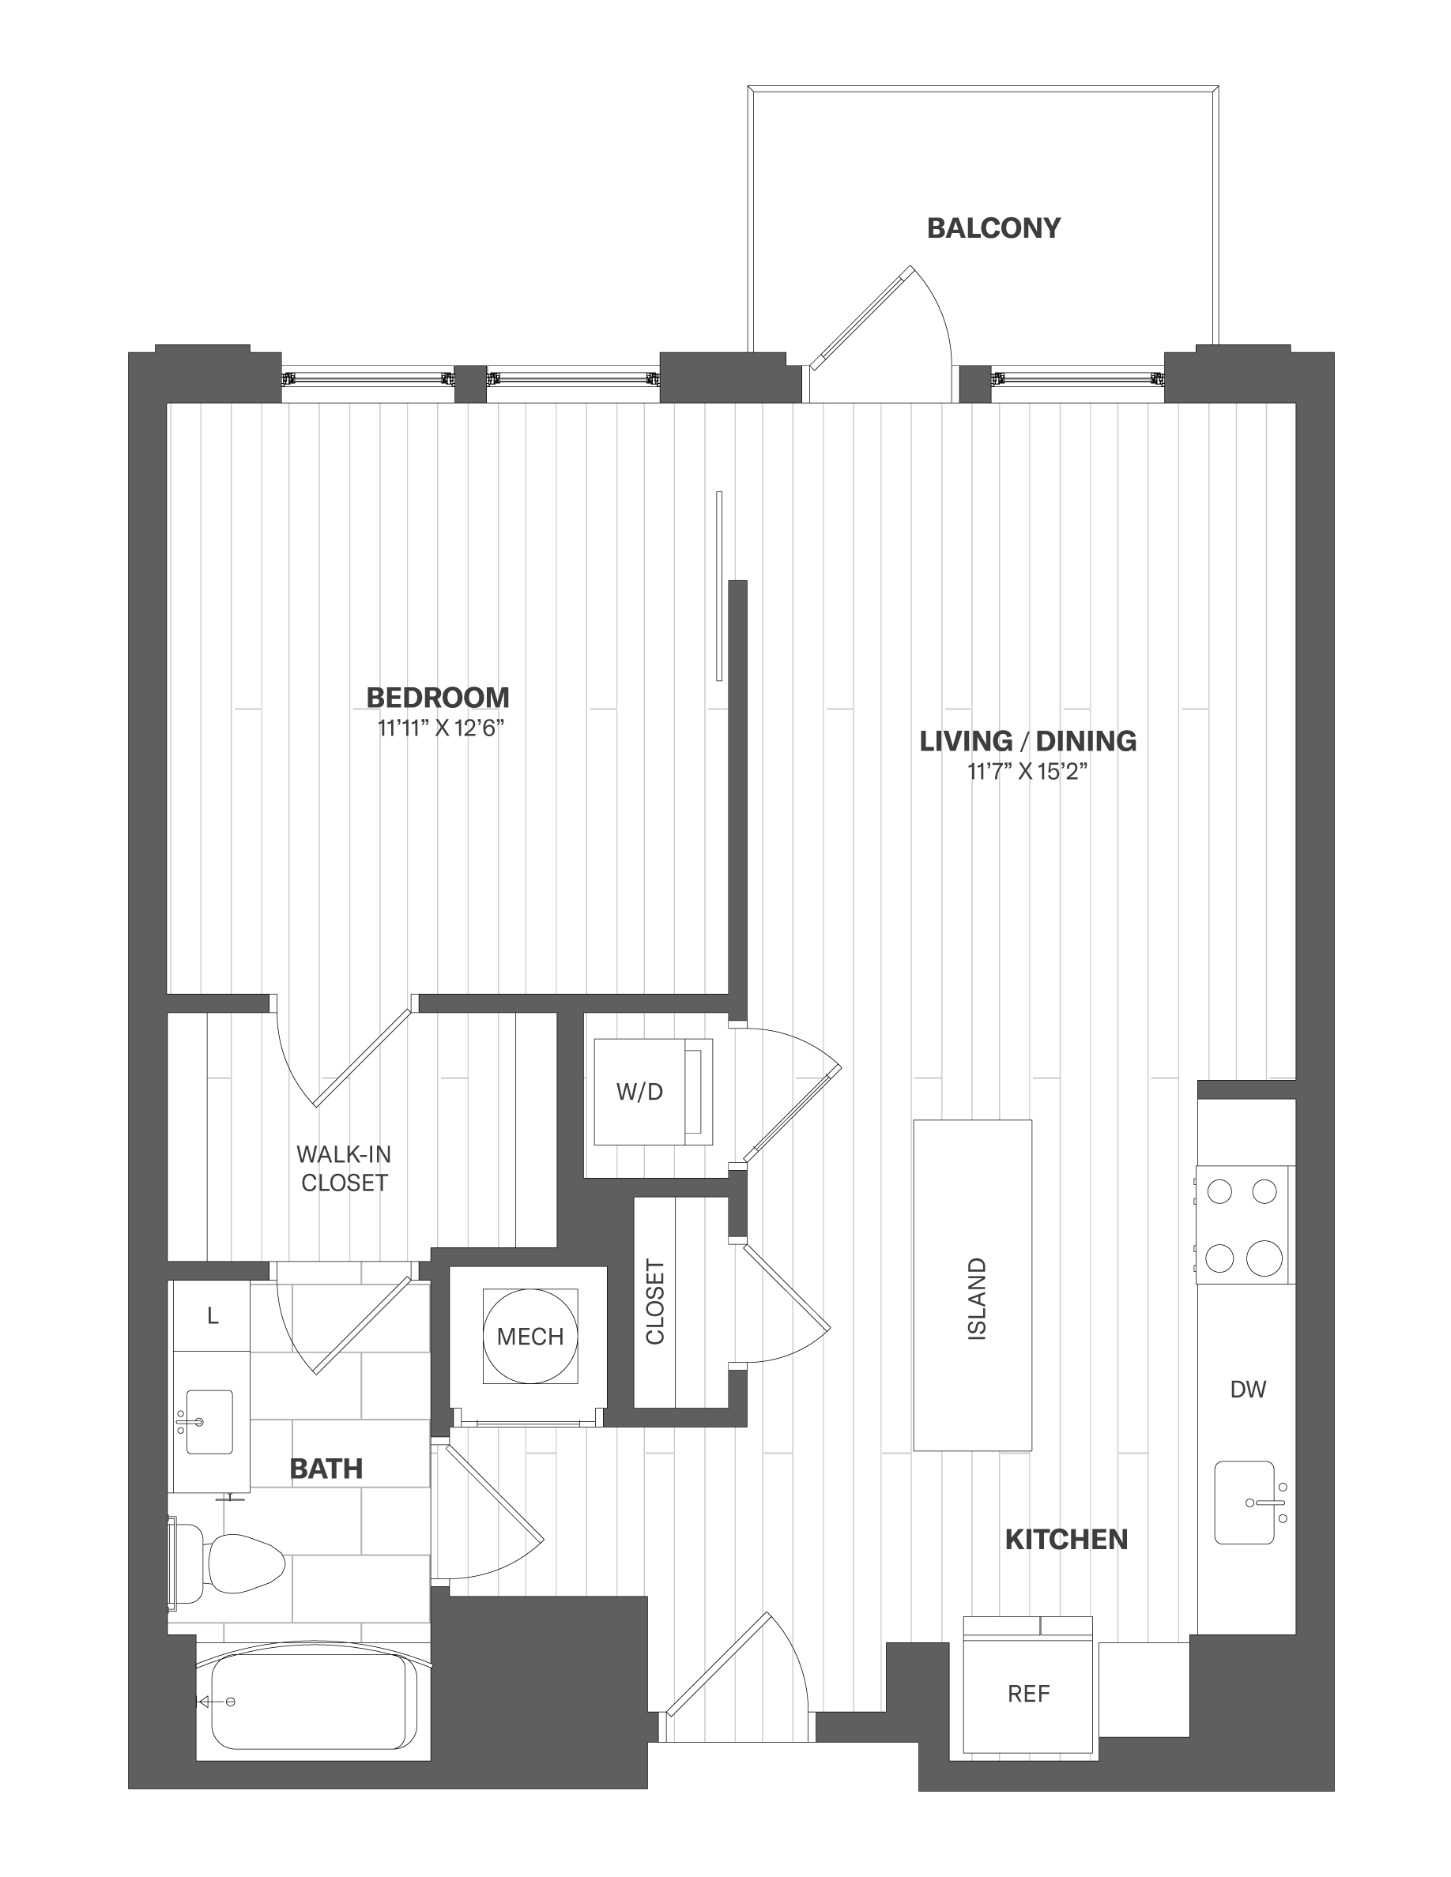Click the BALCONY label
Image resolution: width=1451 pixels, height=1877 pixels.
993,228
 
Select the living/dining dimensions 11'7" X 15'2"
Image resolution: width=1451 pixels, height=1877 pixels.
1028,772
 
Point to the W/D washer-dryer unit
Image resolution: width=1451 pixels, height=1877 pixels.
654,1092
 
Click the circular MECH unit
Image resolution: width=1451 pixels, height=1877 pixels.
530,1336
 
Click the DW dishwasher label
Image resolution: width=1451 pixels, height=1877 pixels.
1248,1389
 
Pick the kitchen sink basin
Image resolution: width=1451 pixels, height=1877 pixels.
1244,1503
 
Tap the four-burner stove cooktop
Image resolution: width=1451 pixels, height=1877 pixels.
1243,1224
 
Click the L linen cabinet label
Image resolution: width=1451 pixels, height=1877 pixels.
213,1315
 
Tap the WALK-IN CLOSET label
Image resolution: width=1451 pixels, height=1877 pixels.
344,1168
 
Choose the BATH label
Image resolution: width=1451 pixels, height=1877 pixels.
326,1469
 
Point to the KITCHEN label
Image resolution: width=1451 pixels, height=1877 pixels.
1066,1539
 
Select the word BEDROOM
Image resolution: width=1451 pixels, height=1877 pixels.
438,697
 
